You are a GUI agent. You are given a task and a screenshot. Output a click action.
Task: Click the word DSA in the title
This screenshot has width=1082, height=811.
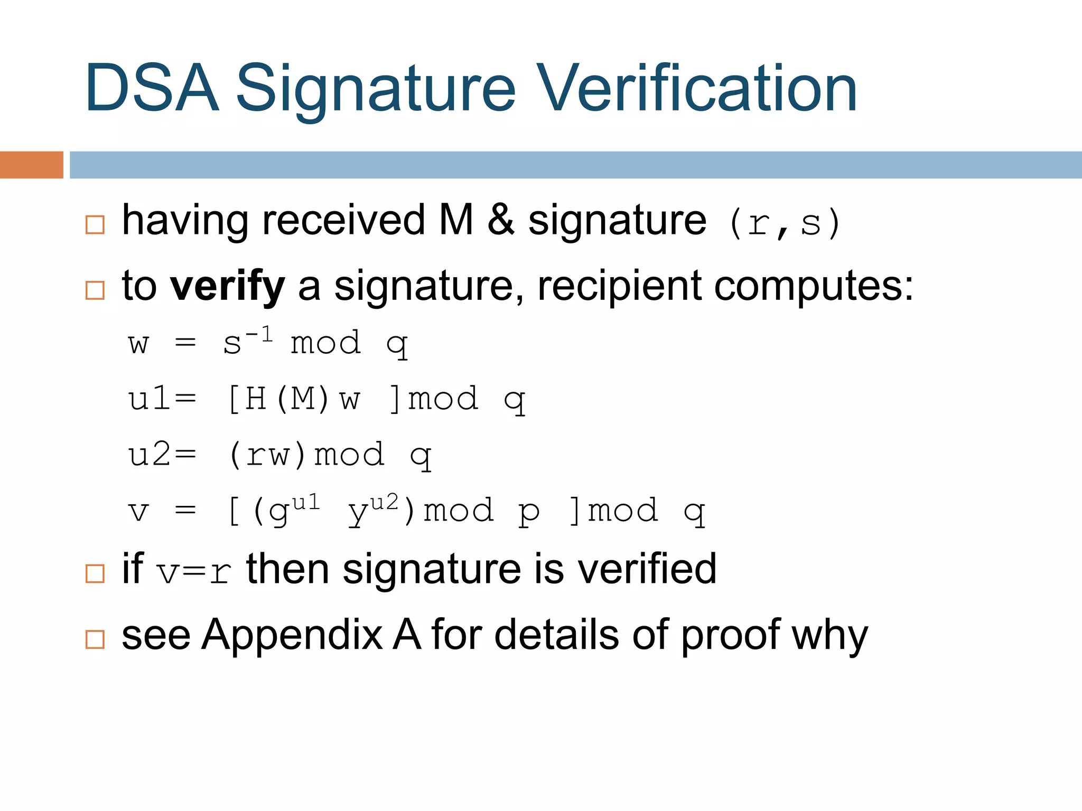[x=152, y=88]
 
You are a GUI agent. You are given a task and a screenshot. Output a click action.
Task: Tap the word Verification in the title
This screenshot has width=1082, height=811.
[x=697, y=88]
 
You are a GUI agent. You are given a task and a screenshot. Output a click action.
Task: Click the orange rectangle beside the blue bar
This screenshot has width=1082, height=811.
[x=31, y=165]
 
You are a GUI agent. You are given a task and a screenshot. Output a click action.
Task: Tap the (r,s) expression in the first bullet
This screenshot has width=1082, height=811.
[x=784, y=223]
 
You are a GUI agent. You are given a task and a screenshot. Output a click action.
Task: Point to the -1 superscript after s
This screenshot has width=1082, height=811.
[x=259, y=334]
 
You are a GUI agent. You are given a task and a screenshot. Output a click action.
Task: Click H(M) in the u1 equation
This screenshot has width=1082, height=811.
[x=278, y=399]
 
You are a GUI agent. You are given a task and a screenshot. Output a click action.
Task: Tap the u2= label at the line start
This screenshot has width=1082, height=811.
[x=162, y=455]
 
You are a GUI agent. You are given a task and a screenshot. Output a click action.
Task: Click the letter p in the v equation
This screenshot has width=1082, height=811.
[x=529, y=511]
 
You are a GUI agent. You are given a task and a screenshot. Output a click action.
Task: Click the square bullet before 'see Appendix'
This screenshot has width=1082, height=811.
[x=95, y=639]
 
